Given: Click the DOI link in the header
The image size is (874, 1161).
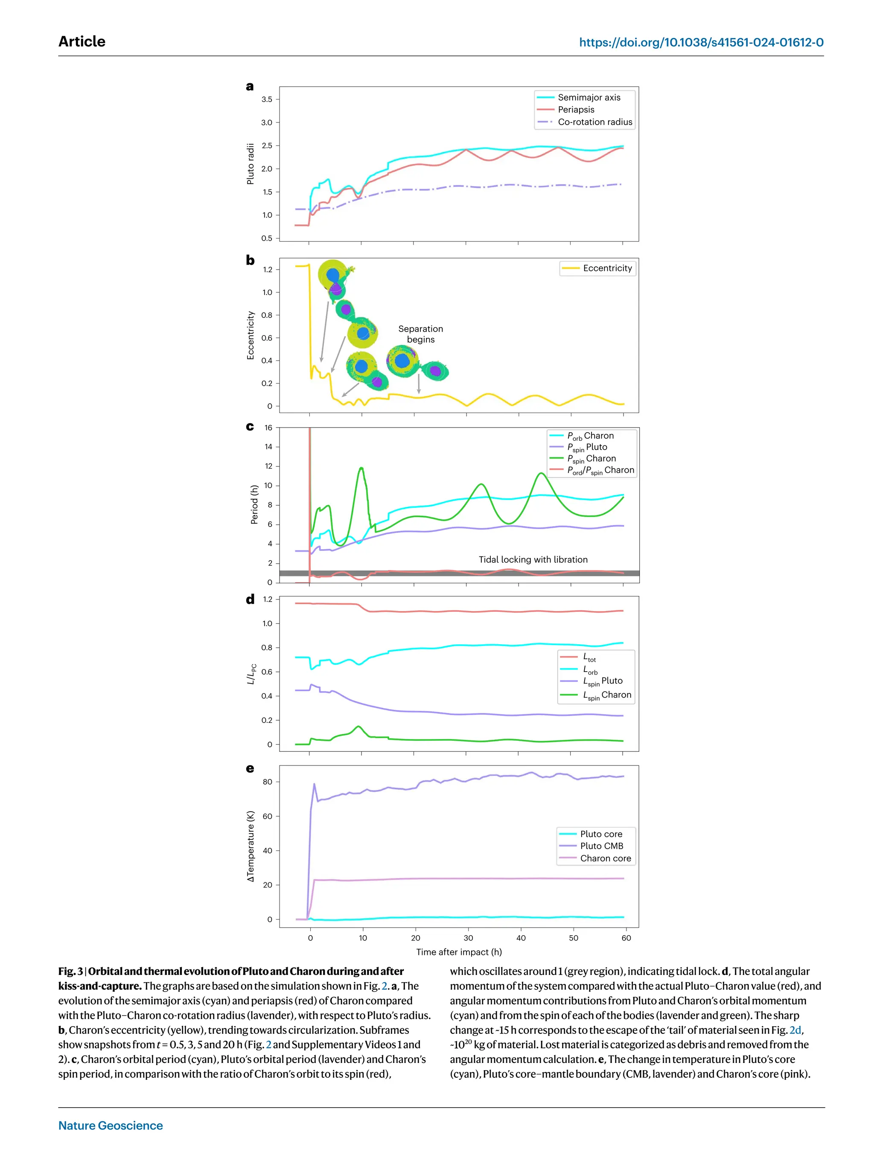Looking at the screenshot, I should (x=701, y=43).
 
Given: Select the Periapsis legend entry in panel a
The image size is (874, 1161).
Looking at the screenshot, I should (x=576, y=110).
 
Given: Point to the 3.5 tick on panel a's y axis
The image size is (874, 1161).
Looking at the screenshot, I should (x=267, y=99).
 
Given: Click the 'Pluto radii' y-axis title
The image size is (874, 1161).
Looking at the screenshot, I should (x=251, y=164).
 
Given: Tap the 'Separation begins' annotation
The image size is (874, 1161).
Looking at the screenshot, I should (x=420, y=334).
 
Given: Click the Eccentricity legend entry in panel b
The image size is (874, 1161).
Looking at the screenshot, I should (x=607, y=268).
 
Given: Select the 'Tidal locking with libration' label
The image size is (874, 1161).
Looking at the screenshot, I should (x=532, y=559).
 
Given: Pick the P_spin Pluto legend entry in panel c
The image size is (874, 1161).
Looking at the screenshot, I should (x=587, y=447).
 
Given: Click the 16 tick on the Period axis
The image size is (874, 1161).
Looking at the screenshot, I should (x=268, y=428).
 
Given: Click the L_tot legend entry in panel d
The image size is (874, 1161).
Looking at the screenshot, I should (x=589, y=657).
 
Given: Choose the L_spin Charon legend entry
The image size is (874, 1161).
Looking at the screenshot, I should (x=607, y=695).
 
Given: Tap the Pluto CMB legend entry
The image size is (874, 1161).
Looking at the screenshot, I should (x=601, y=846).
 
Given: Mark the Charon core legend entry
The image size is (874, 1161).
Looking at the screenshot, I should (x=605, y=858).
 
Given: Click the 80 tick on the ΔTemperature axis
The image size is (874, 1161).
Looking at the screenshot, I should (x=267, y=782).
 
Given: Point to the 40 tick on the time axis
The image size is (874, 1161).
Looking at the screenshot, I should (x=521, y=938).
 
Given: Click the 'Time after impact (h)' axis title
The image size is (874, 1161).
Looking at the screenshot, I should (x=459, y=952).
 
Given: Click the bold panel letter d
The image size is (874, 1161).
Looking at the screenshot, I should (x=250, y=599).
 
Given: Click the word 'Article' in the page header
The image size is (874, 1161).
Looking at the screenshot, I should (x=82, y=41).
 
